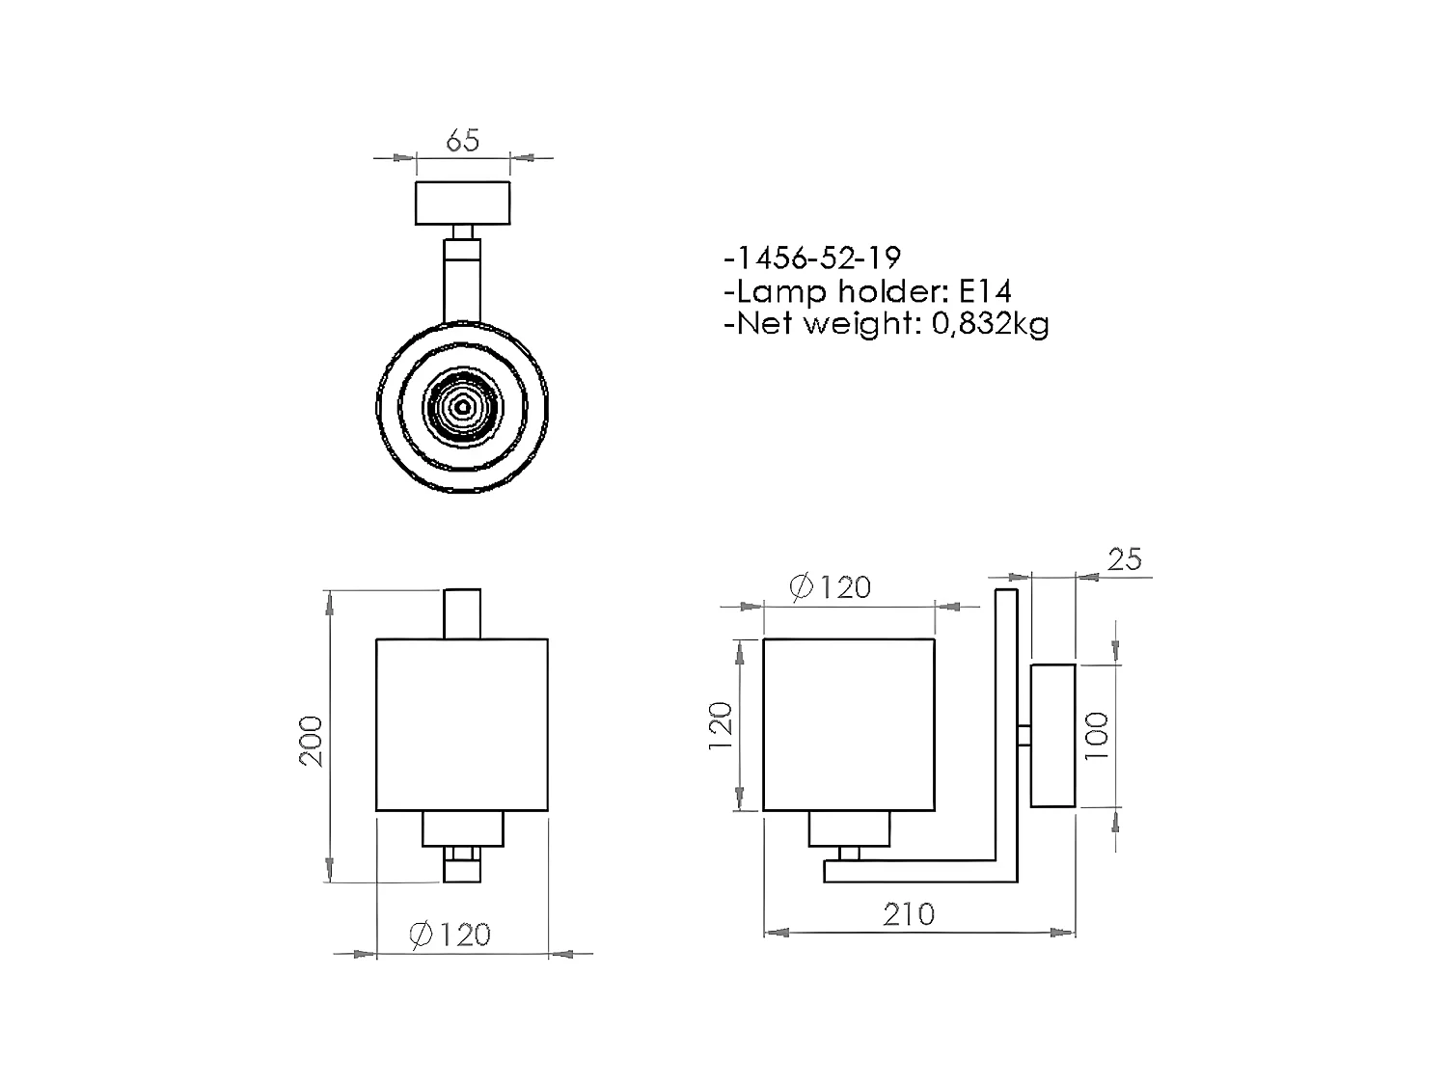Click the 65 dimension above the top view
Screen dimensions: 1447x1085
tap(462, 140)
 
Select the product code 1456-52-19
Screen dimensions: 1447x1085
tap(817, 258)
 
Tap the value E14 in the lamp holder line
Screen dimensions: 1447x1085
tap(985, 290)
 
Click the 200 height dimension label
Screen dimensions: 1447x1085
tap(312, 741)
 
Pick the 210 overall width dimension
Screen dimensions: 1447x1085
tap(909, 914)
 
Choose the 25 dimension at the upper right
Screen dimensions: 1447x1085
tap(1125, 559)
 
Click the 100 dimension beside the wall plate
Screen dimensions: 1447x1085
tap(1097, 735)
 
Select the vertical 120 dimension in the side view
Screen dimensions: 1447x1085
tap(721, 726)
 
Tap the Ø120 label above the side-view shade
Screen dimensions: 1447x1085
tap(830, 587)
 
